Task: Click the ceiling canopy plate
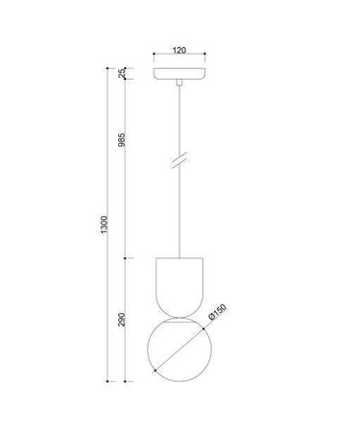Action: pyautogui.click(x=180, y=74)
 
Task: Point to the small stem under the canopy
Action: pyautogui.click(x=180, y=86)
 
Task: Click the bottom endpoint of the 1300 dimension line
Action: pyautogui.click(x=112, y=378)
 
